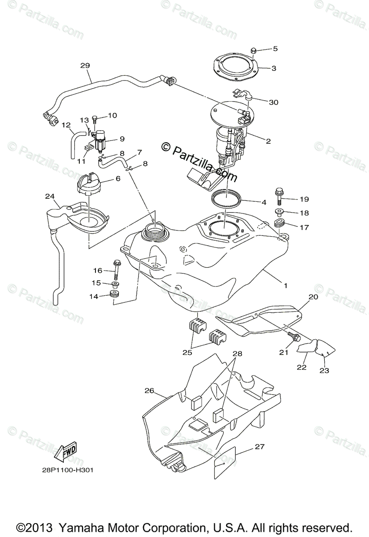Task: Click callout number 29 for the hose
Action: [85, 65]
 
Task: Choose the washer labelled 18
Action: [280, 212]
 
